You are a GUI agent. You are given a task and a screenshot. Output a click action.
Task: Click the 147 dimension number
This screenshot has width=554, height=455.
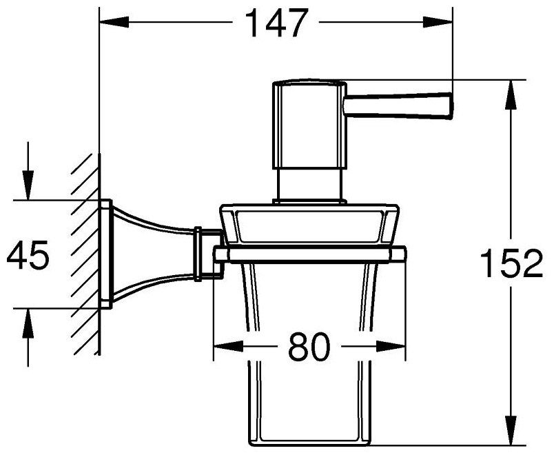point(276,23)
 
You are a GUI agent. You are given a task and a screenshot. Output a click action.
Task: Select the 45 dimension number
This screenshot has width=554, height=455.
point(28,254)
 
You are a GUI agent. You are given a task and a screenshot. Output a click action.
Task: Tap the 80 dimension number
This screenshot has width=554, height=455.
point(309,347)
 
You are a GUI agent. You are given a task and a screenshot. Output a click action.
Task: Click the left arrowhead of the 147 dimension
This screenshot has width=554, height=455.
point(114,23)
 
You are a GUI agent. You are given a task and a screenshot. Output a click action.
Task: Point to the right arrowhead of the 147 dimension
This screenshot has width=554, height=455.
point(438,23)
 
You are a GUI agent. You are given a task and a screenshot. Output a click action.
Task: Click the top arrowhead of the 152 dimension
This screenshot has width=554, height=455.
point(511,94)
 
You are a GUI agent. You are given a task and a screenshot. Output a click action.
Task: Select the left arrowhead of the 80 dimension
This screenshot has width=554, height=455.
point(229,347)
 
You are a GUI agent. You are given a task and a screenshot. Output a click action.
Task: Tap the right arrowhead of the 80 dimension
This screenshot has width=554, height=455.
point(391,347)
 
